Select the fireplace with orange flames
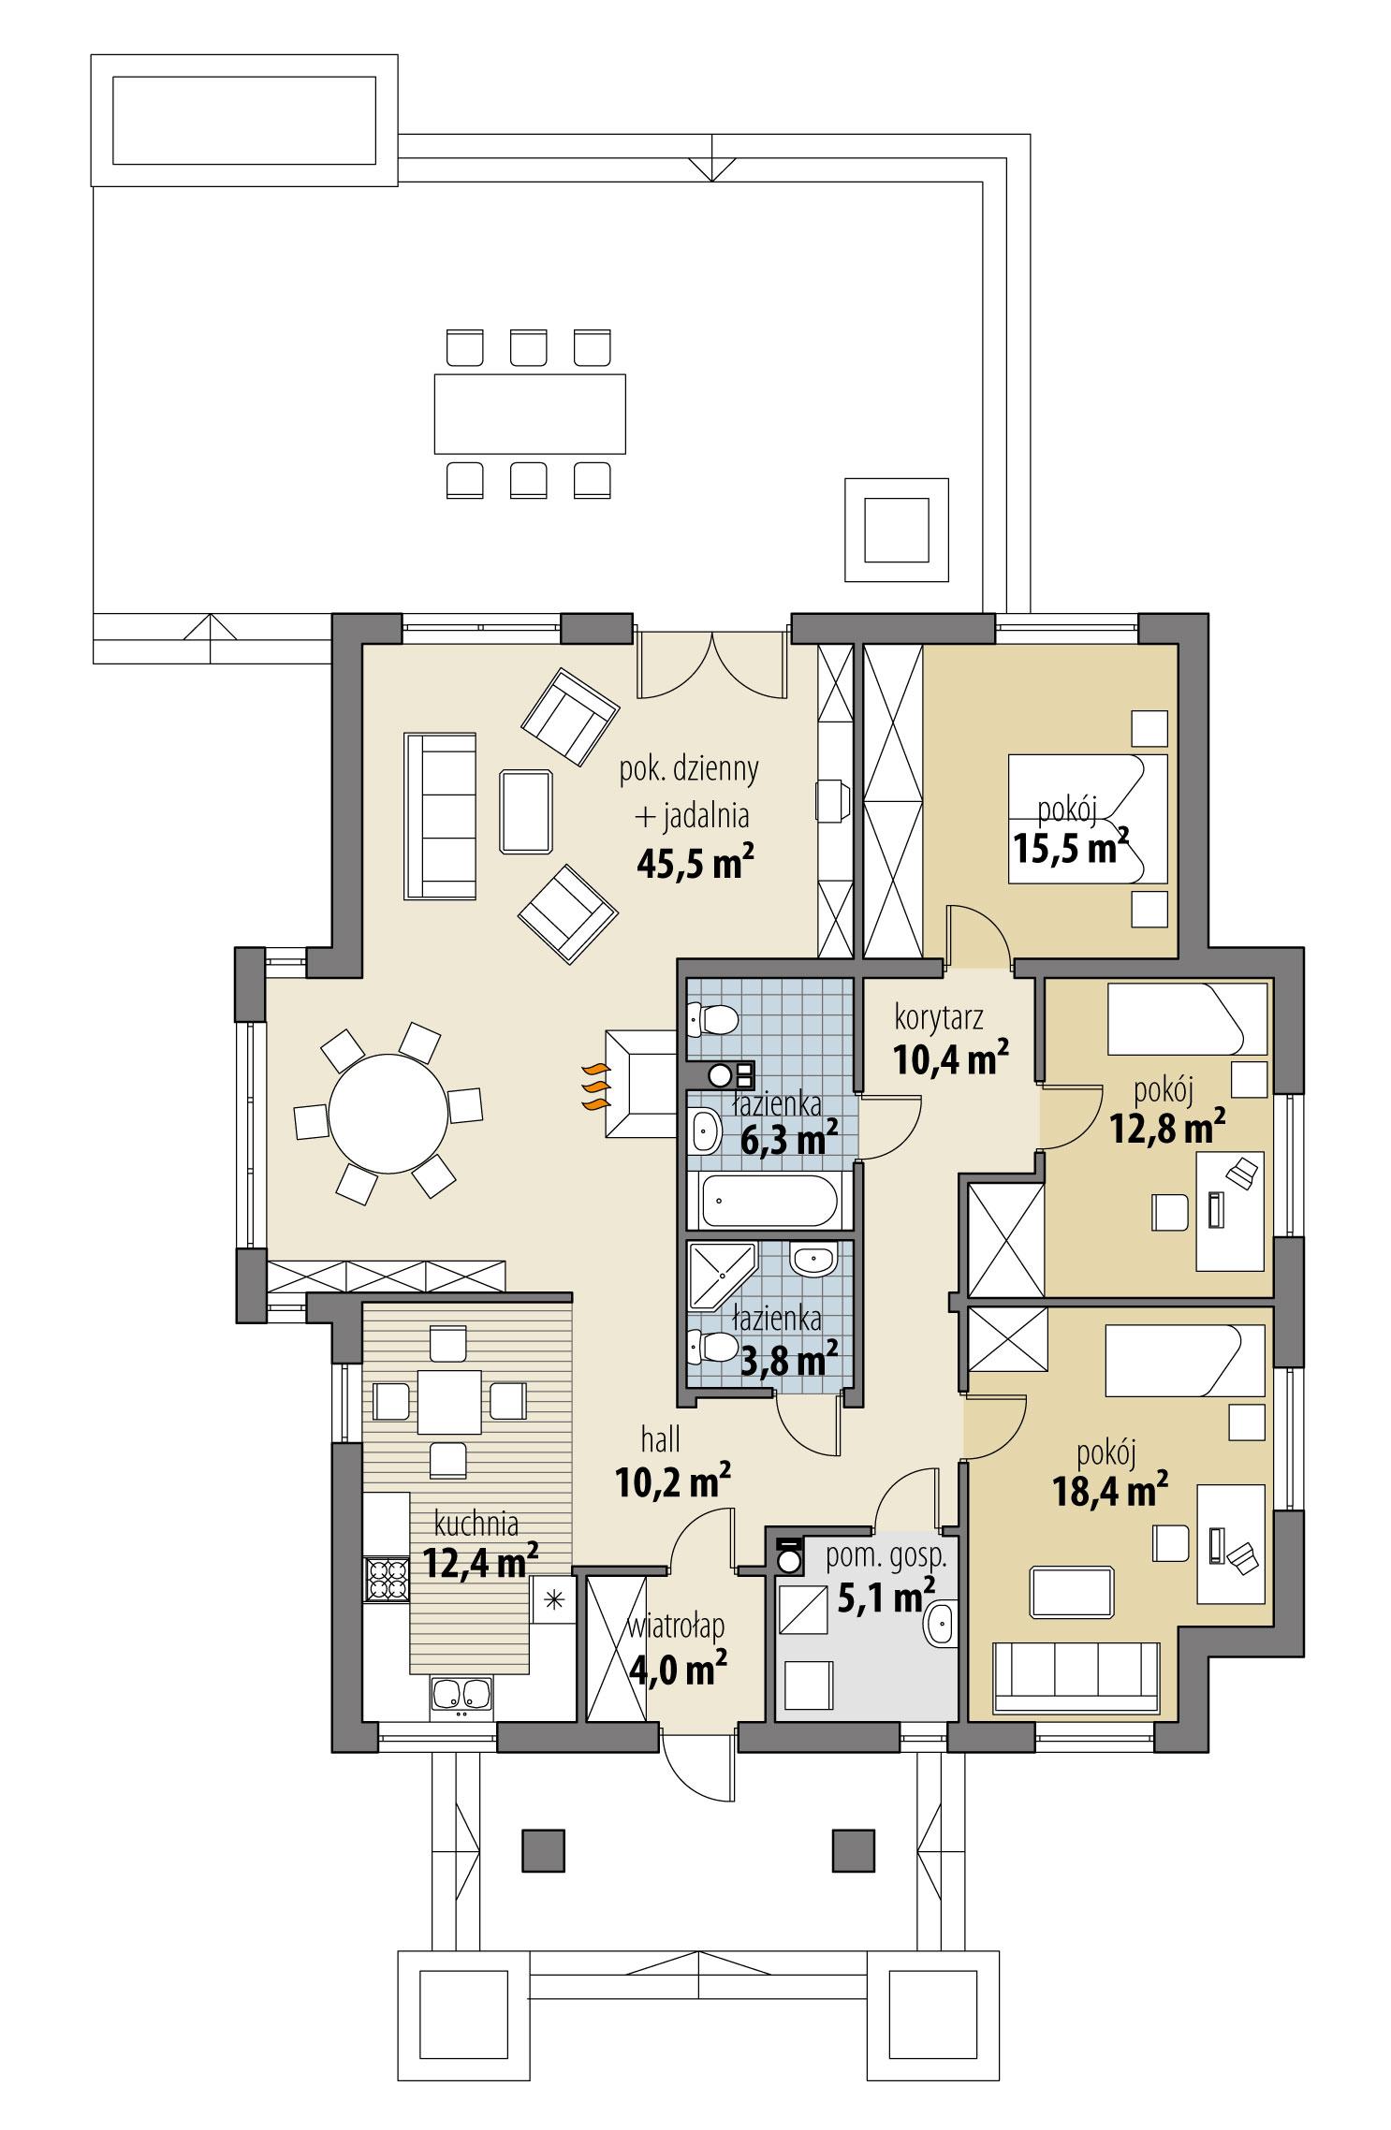click(639, 1084)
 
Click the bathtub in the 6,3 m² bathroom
click(769, 1202)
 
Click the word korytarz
click(938, 1014)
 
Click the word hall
click(661, 1438)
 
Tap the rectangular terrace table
click(529, 413)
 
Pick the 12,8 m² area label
click(1167, 1130)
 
